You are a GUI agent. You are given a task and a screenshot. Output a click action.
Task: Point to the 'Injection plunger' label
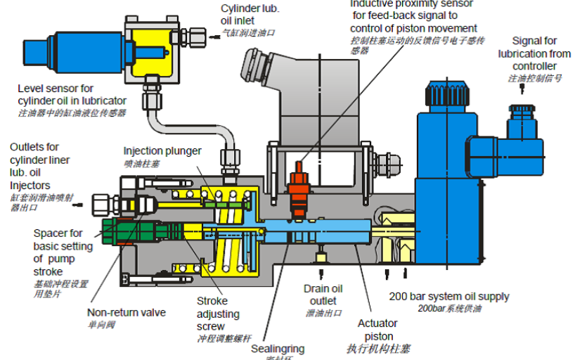point(162,151)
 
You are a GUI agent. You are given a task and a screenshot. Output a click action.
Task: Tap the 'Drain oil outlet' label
point(323,294)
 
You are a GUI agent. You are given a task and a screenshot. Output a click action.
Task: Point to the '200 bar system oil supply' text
point(449,296)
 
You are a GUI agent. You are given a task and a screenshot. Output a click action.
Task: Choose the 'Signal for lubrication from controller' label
point(534,53)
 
